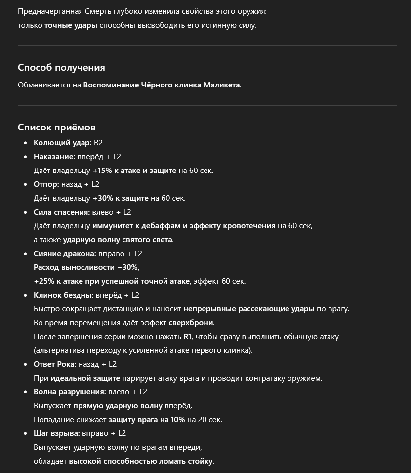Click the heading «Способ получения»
pos(61,68)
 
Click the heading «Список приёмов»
pos(57,128)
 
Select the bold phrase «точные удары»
pos(71,25)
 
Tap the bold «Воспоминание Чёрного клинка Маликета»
pos(162,85)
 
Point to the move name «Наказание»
pos(54,157)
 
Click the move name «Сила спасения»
pos(61,212)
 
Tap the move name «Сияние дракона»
pos(64,254)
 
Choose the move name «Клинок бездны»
pos(63,295)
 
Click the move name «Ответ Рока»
pos(55,364)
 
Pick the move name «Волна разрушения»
pos(69,392)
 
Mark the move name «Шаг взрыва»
pos(56,433)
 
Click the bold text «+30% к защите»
pos(121,198)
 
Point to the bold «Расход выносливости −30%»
pos(86,267)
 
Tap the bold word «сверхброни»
pos(191,323)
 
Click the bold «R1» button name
pos(187,337)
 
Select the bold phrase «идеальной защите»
pos(85,378)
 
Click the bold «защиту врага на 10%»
pos(147,420)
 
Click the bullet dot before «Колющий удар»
pos(26,143)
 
